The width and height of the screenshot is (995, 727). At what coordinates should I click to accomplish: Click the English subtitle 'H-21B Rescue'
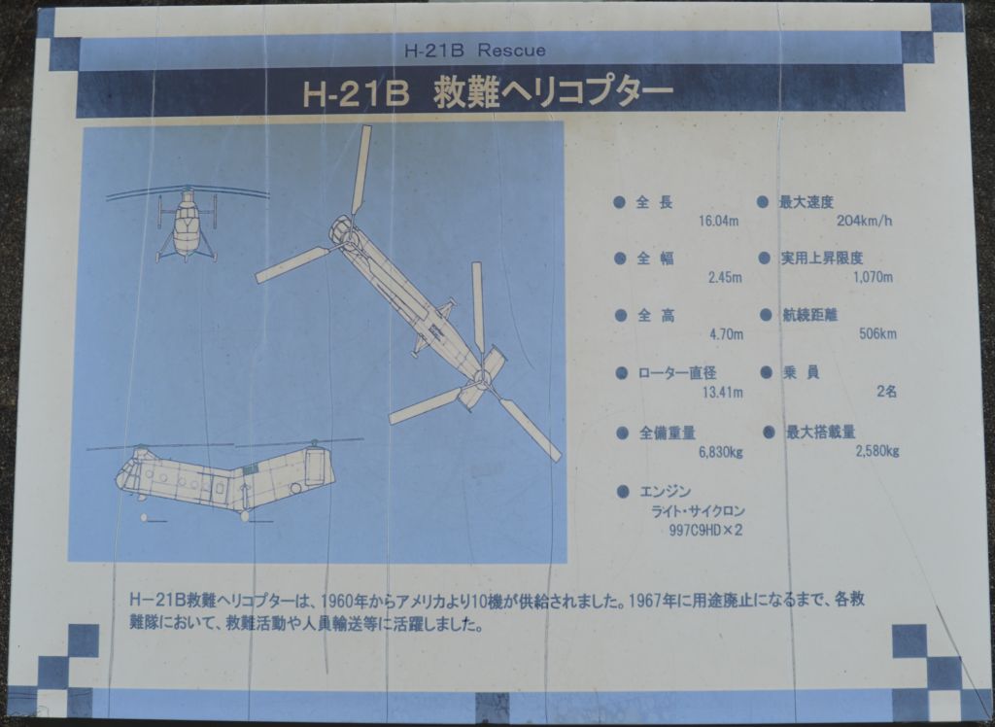click(474, 51)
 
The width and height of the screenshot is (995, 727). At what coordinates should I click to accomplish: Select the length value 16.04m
click(718, 221)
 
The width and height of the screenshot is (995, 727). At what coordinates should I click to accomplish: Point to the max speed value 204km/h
click(864, 221)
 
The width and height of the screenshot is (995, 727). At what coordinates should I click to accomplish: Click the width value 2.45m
click(725, 277)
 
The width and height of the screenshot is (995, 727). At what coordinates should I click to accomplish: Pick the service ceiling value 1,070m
click(874, 277)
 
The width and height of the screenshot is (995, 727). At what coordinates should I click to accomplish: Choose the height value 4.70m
click(726, 334)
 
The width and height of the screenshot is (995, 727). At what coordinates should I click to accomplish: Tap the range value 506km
click(877, 333)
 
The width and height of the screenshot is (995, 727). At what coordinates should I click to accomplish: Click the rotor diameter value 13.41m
click(722, 393)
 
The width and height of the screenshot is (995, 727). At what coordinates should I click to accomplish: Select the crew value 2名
click(887, 391)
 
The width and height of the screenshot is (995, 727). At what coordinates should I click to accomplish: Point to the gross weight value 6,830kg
click(721, 452)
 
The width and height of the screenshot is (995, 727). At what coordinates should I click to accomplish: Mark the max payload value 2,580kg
click(877, 451)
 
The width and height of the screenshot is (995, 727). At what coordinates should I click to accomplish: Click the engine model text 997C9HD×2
click(705, 531)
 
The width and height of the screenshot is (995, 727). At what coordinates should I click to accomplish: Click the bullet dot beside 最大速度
click(763, 202)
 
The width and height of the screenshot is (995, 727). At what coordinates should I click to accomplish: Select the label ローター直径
click(677, 372)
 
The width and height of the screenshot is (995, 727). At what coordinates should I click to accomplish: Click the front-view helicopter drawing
click(187, 223)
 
